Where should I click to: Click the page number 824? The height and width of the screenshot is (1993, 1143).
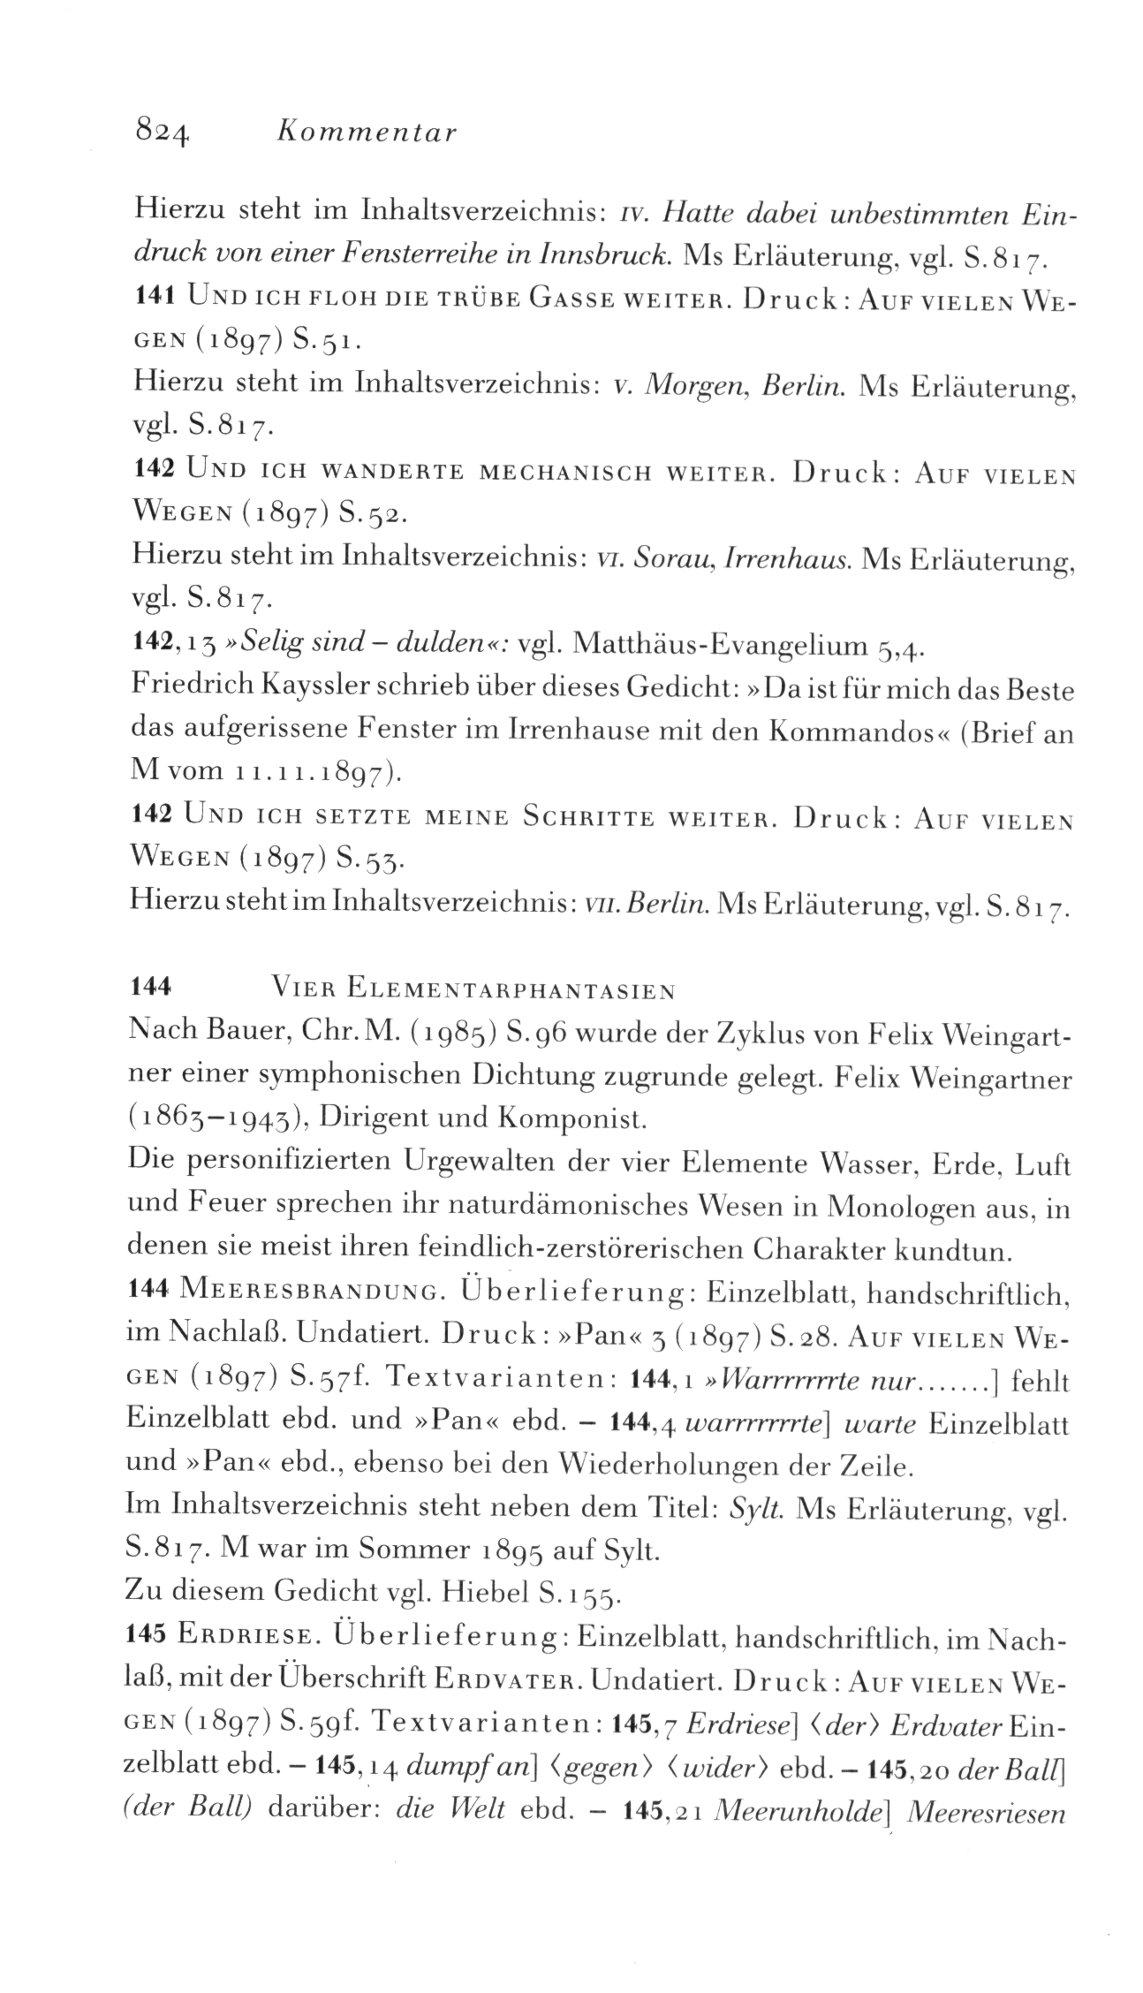click(161, 132)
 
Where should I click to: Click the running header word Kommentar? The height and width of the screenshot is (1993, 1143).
click(367, 133)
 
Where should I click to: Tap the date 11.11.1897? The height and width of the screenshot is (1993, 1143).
click(307, 774)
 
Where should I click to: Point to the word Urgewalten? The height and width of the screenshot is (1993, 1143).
click(481, 1164)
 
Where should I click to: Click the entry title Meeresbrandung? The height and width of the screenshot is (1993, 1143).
click(309, 1293)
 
